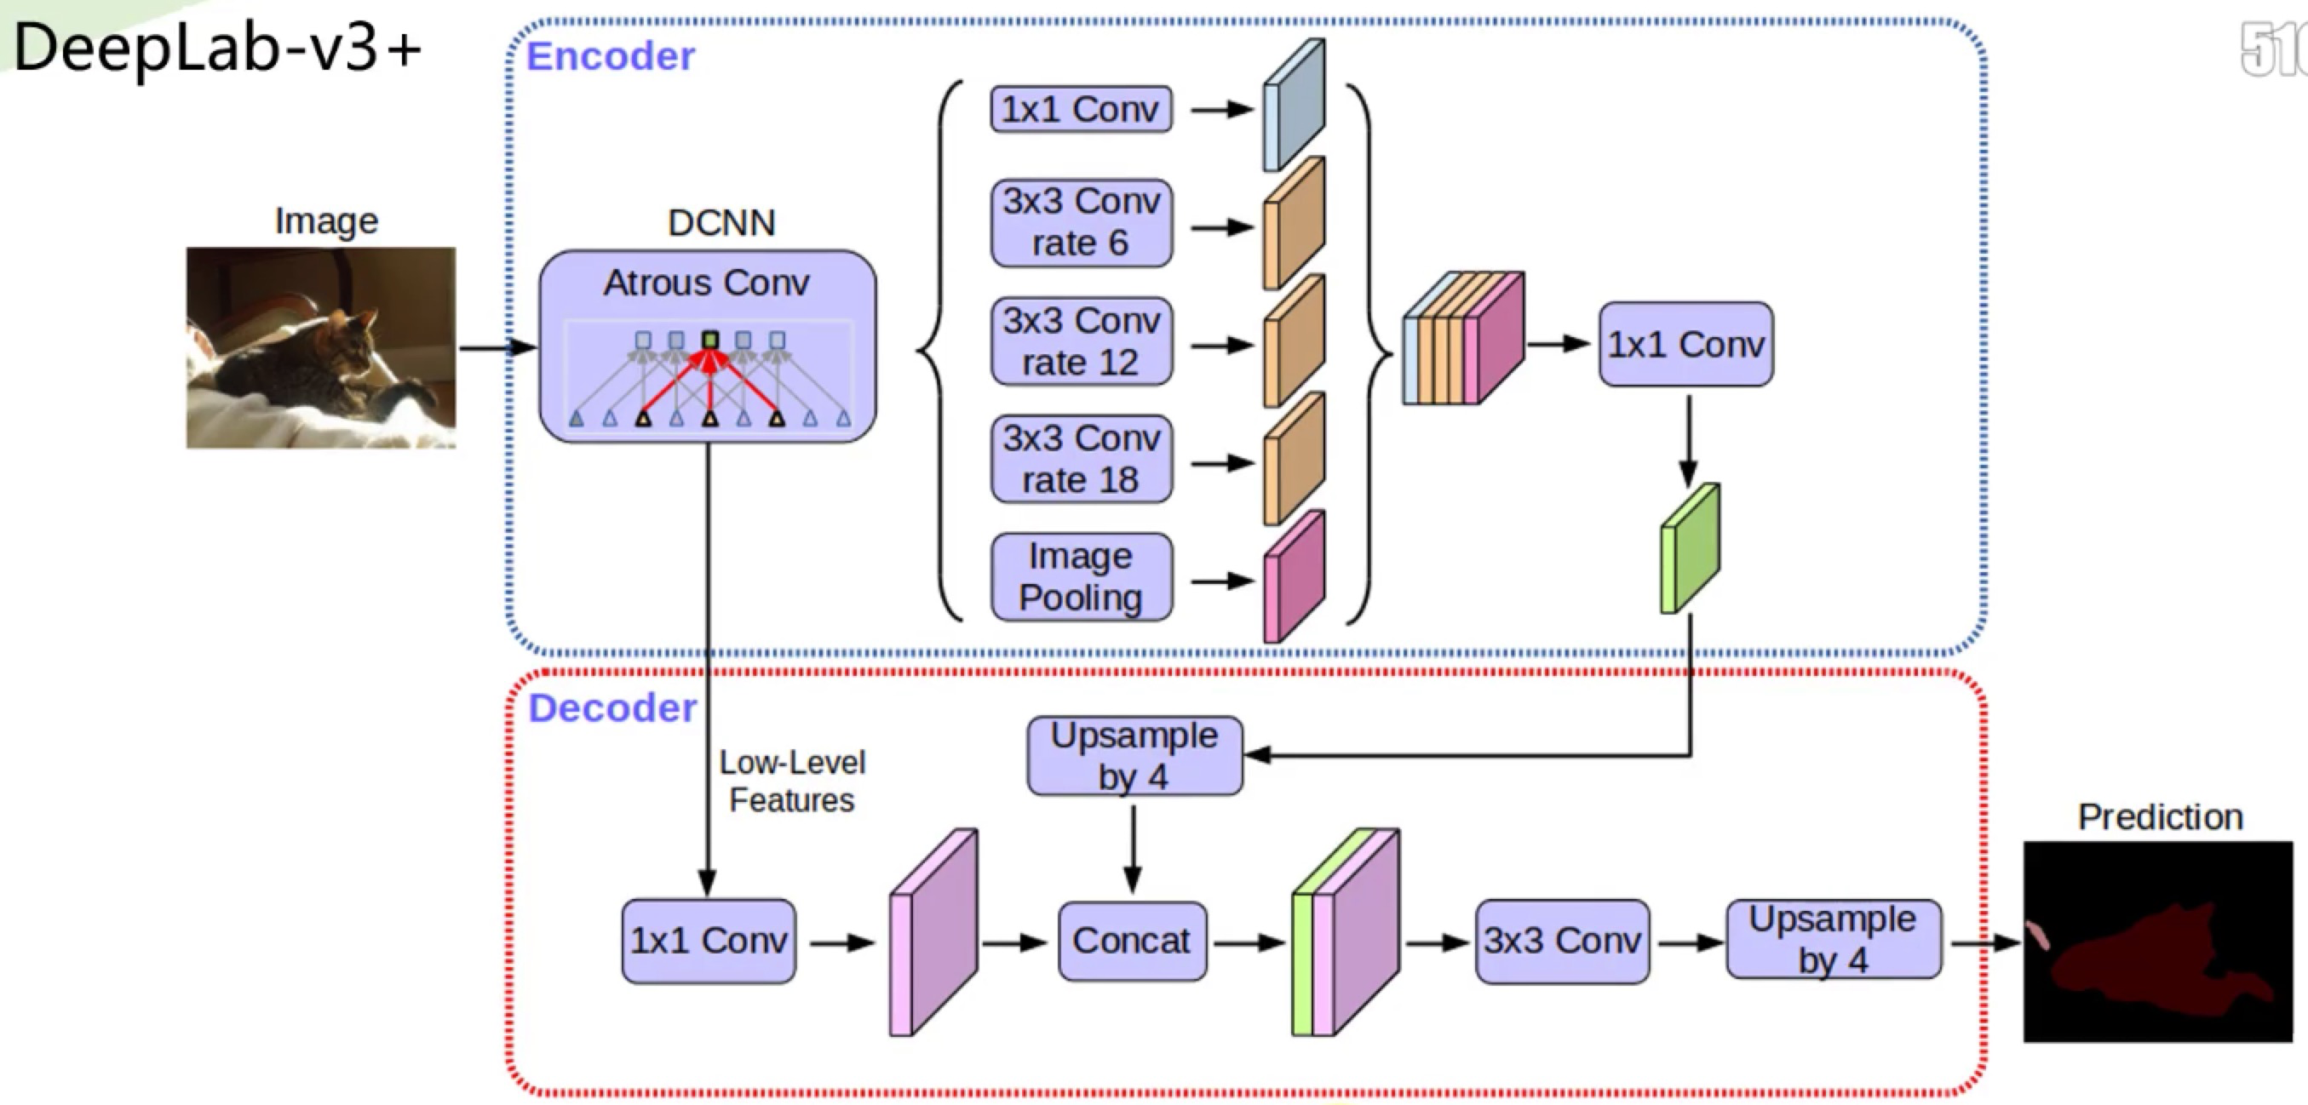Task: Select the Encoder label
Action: tap(610, 56)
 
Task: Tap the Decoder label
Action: tap(612, 708)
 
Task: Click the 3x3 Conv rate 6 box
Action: tap(1081, 223)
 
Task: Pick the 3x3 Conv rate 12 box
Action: tap(1081, 341)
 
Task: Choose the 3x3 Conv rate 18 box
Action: tap(1081, 460)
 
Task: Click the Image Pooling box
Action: tap(1081, 577)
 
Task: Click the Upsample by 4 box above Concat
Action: tap(1134, 756)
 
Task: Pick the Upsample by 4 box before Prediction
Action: tap(1833, 939)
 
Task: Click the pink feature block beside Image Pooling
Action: tap(1294, 577)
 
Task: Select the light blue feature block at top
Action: tap(1294, 106)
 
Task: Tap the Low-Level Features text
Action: tap(792, 781)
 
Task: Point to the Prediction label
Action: tap(2159, 816)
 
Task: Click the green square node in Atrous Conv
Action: tap(710, 341)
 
